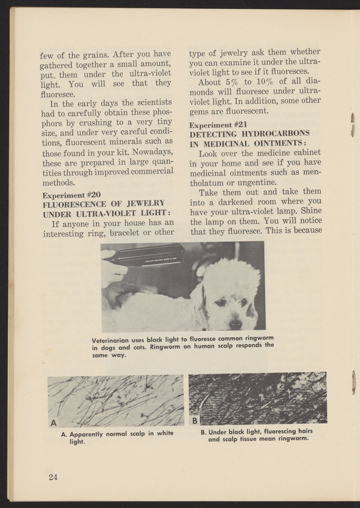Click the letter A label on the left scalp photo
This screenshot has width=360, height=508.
pyautogui.click(x=54, y=423)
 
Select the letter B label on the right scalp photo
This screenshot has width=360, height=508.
pyautogui.click(x=194, y=421)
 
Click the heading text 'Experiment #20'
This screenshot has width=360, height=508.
pyautogui.click(x=71, y=195)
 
